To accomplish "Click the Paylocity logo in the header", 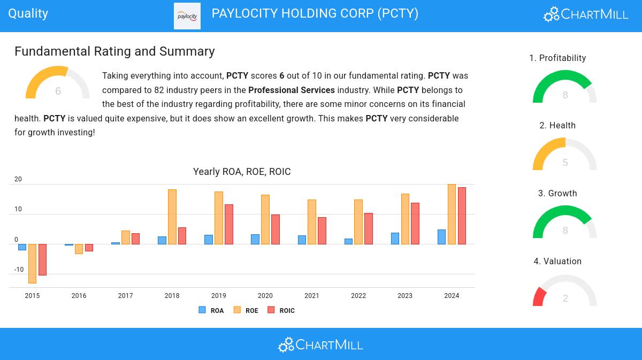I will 187,16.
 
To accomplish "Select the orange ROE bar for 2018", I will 172,217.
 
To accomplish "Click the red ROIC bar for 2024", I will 462,216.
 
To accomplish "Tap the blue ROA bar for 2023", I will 395,239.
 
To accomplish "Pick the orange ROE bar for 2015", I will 32,263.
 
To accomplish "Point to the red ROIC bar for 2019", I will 229,224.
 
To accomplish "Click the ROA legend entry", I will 211,310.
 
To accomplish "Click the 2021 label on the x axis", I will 312,296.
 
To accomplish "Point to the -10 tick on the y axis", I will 19,270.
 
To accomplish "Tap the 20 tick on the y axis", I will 18,179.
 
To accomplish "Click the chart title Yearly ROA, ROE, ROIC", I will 242,172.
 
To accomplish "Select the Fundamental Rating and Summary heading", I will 114,51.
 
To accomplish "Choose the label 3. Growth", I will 557,194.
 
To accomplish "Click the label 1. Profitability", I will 557,58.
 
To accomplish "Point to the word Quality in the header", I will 28,13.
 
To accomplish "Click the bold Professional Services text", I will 292,90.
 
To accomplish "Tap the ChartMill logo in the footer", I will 320,344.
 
